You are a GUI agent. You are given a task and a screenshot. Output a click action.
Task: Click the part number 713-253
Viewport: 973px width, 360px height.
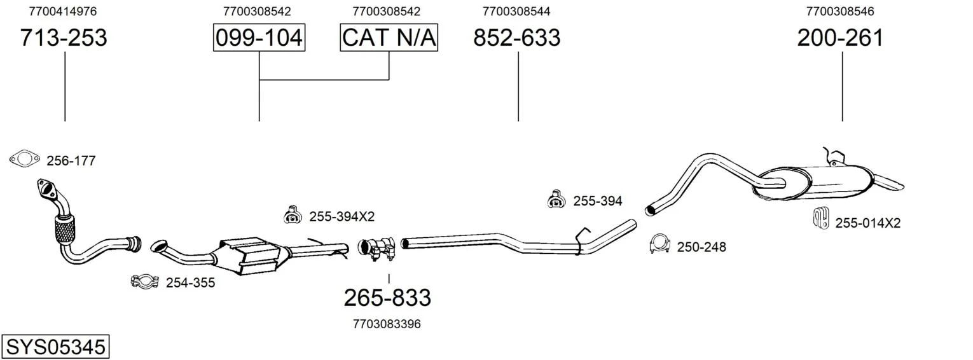64,38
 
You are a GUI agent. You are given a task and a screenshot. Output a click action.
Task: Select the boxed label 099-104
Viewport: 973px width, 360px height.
259,38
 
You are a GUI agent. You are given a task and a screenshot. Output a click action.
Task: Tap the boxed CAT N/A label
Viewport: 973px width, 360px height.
389,38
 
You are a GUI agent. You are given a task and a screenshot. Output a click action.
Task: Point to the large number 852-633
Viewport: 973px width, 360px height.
517,38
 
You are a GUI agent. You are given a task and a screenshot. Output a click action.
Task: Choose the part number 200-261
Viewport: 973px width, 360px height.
841,38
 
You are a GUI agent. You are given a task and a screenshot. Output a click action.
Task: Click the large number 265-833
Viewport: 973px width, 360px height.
387,298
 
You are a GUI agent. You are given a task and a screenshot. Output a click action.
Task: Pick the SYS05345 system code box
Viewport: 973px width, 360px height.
55,347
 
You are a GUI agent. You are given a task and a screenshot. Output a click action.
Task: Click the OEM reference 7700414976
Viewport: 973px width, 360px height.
63,11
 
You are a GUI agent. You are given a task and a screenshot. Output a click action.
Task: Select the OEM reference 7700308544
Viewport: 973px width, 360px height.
516,11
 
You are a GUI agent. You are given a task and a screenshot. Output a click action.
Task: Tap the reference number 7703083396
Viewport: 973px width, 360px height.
387,324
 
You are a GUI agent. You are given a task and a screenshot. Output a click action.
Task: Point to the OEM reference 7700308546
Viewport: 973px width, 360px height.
840,11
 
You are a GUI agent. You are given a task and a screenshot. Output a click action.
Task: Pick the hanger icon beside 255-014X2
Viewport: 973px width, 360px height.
820,218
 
